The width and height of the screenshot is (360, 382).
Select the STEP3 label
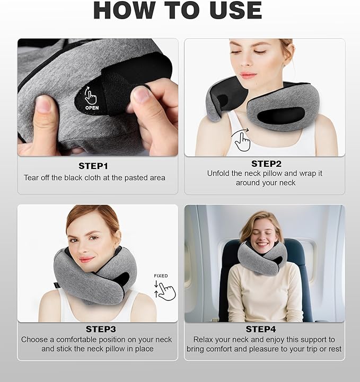click(x=98, y=329)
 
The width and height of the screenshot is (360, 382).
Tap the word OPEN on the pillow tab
click(x=92, y=108)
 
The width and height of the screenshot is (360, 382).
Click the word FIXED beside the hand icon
click(x=161, y=276)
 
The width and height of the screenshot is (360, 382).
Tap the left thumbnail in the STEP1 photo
click(x=43, y=104)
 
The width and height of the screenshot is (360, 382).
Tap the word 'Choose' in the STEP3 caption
click(x=34, y=339)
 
